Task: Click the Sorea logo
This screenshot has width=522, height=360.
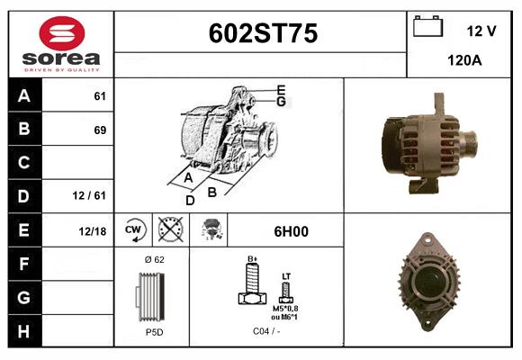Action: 61,44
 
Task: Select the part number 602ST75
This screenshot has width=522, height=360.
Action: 262,34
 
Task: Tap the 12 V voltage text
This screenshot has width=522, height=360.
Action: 481,31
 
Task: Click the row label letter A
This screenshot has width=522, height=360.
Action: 24,96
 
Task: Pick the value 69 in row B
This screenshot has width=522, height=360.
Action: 99,130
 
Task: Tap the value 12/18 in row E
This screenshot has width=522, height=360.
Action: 92,231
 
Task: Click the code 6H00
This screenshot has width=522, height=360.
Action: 290,231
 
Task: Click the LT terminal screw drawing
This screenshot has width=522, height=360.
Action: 286,291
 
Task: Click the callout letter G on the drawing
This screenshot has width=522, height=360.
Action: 281,102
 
